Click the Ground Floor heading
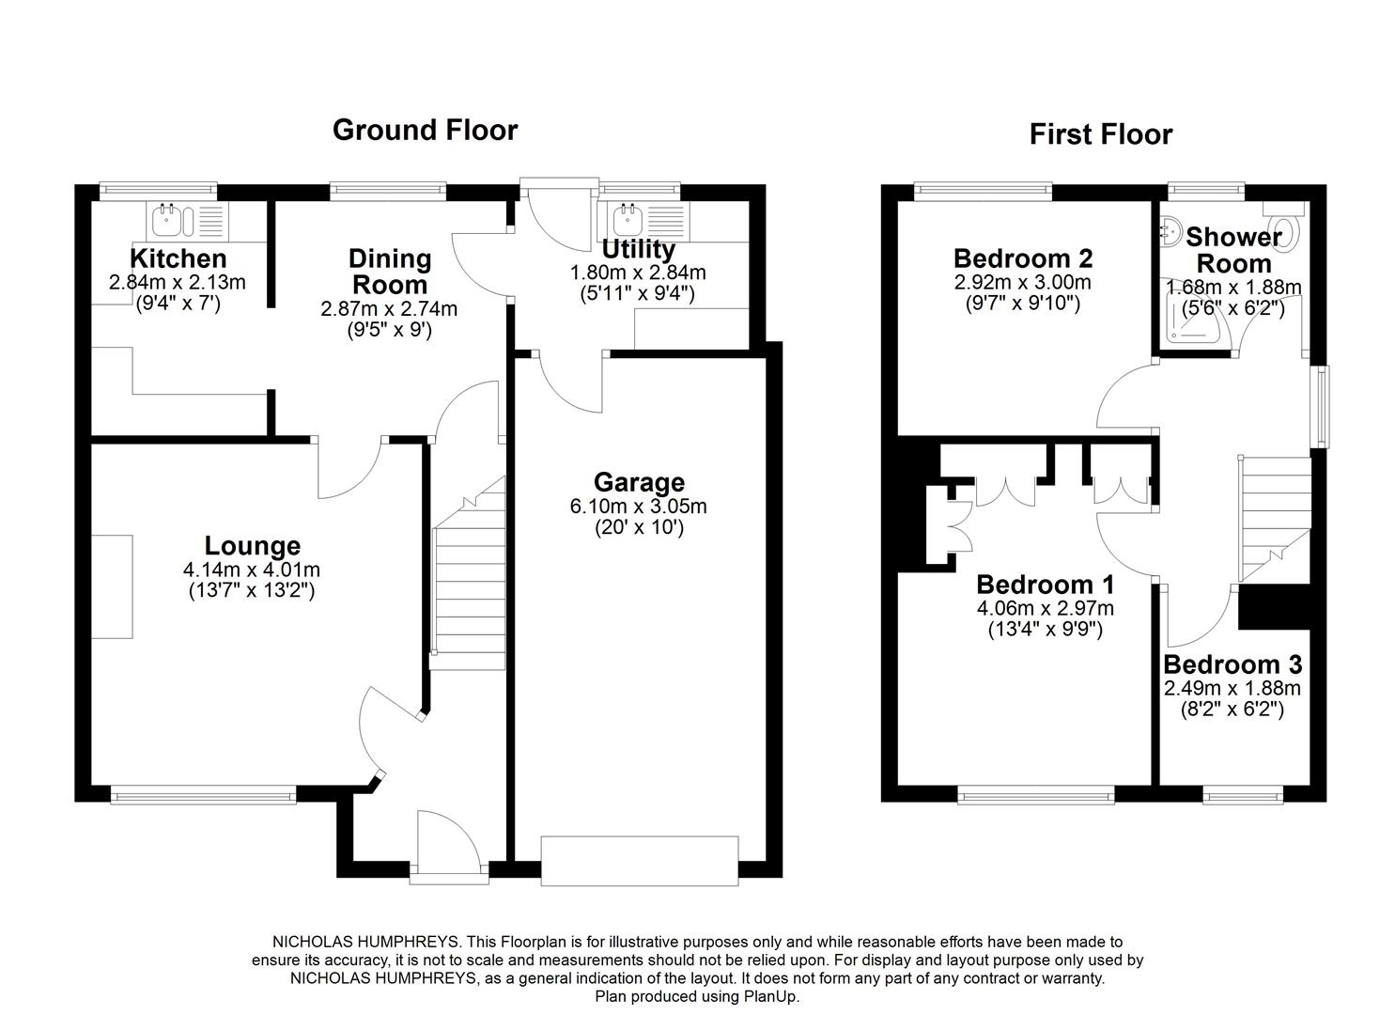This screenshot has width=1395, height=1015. [425, 130]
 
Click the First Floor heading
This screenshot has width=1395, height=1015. [1100, 134]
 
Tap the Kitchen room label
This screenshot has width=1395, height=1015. [178, 258]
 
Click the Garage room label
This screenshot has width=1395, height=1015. [639, 482]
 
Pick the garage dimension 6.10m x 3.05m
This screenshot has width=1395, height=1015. [639, 507]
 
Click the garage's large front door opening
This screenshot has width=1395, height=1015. [640, 860]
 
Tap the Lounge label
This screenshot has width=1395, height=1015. [253, 546]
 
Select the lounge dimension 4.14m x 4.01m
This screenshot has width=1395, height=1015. [253, 570]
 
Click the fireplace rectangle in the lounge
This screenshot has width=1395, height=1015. [112, 586]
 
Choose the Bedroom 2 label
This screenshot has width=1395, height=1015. [1022, 258]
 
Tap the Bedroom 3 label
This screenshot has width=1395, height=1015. [1232, 665]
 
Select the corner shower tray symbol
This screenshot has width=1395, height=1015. [1191, 320]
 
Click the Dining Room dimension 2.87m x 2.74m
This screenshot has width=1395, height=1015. [388, 308]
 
